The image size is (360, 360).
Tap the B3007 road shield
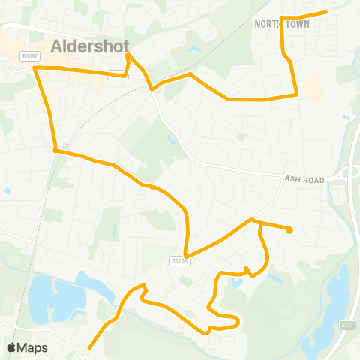29,55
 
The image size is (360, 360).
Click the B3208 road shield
177,261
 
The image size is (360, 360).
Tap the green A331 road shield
346,325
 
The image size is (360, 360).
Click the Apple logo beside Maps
11,347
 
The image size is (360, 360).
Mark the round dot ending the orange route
289,230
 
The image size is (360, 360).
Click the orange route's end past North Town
325,12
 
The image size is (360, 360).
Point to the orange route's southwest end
90,347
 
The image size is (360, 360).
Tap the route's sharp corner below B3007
35,67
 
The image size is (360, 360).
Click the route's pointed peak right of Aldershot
128,55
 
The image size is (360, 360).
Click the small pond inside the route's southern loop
236,282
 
